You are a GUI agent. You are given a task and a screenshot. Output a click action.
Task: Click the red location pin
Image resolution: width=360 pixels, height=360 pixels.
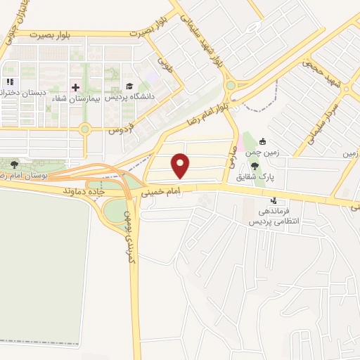point(181,164)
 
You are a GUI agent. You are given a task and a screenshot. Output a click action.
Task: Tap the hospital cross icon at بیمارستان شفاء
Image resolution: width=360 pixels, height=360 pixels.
point(76,87)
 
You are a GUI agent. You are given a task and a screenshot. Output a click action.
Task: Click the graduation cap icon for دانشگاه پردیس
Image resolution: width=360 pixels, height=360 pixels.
point(129,86)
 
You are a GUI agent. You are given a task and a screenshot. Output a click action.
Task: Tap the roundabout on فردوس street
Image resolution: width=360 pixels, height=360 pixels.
point(86,129)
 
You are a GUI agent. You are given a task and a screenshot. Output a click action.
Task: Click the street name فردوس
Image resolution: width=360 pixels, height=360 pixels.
point(120,129)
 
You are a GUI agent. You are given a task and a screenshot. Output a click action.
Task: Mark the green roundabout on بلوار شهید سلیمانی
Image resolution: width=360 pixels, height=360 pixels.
point(230,86)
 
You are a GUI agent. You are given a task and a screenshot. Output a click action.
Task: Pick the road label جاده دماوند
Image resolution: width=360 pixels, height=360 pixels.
point(84,191)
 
